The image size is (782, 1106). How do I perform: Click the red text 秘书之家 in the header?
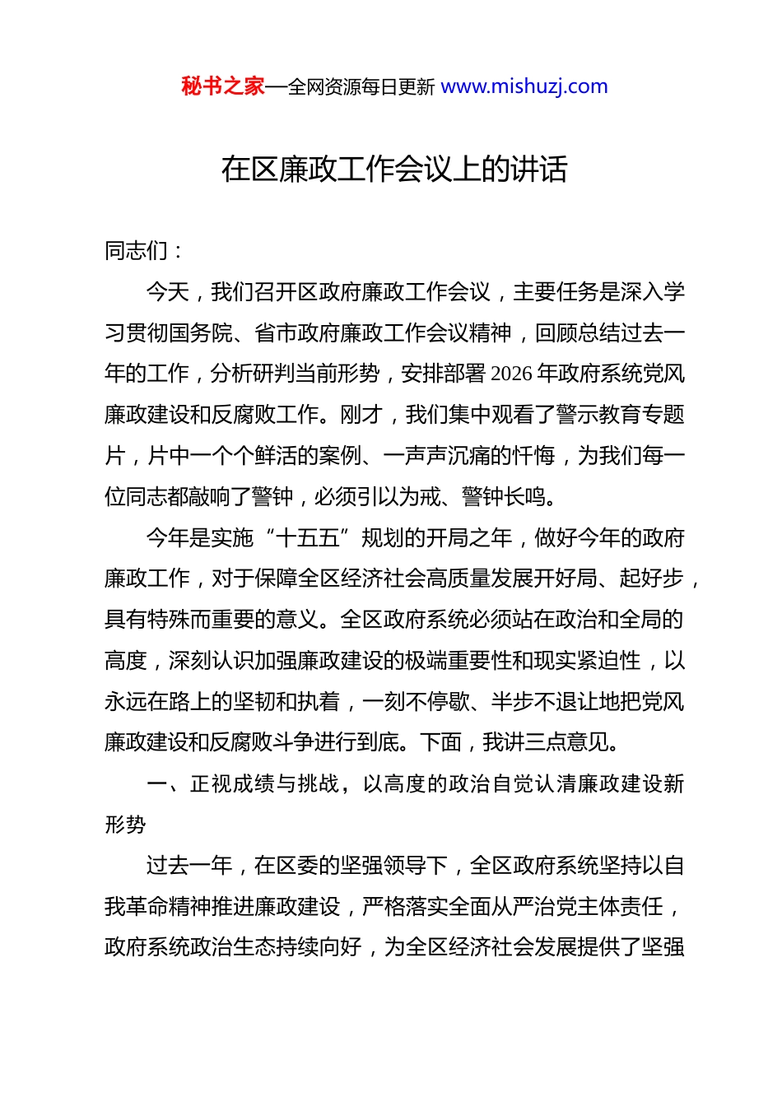tap(223, 86)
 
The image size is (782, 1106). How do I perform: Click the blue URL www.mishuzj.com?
tap(524, 86)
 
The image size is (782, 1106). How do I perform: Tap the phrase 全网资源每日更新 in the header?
tap(361, 87)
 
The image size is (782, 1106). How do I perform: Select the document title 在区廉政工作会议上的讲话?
tap(394, 170)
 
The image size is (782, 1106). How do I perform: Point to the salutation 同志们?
tap(137, 251)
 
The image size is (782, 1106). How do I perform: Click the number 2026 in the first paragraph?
tap(511, 374)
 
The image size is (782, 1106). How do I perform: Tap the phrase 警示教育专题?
tap(621, 415)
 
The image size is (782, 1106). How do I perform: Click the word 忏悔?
tap(533, 455)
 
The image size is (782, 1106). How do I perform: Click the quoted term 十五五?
tap(308, 537)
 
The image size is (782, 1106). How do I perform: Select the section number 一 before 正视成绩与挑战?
tap(157, 783)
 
